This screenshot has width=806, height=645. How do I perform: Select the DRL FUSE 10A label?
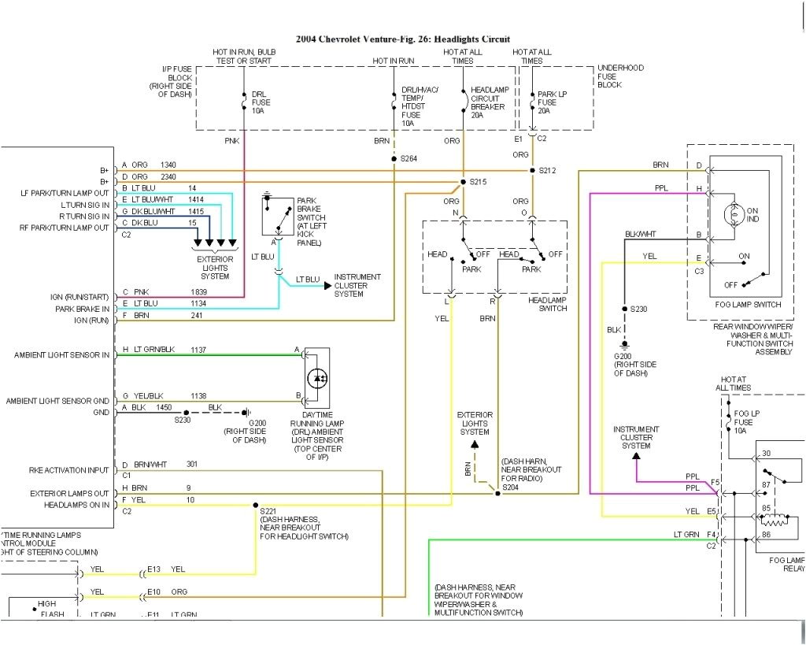tap(259, 102)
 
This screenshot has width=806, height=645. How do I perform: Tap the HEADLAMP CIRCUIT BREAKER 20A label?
tap(487, 102)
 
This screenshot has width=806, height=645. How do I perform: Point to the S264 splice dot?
tap(393, 158)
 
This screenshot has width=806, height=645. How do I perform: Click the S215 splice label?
tap(479, 182)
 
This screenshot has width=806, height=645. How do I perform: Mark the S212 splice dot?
tap(532, 170)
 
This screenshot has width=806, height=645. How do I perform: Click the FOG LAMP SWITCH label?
tap(746, 305)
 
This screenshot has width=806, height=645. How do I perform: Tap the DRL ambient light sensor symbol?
tap(317, 378)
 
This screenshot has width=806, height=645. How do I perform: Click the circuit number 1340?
tap(168, 165)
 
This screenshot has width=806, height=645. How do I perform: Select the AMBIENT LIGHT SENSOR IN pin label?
tap(62, 355)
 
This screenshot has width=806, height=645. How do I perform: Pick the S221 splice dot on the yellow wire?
tap(256, 505)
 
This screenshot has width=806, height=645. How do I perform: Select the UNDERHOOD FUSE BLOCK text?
tap(622, 76)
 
